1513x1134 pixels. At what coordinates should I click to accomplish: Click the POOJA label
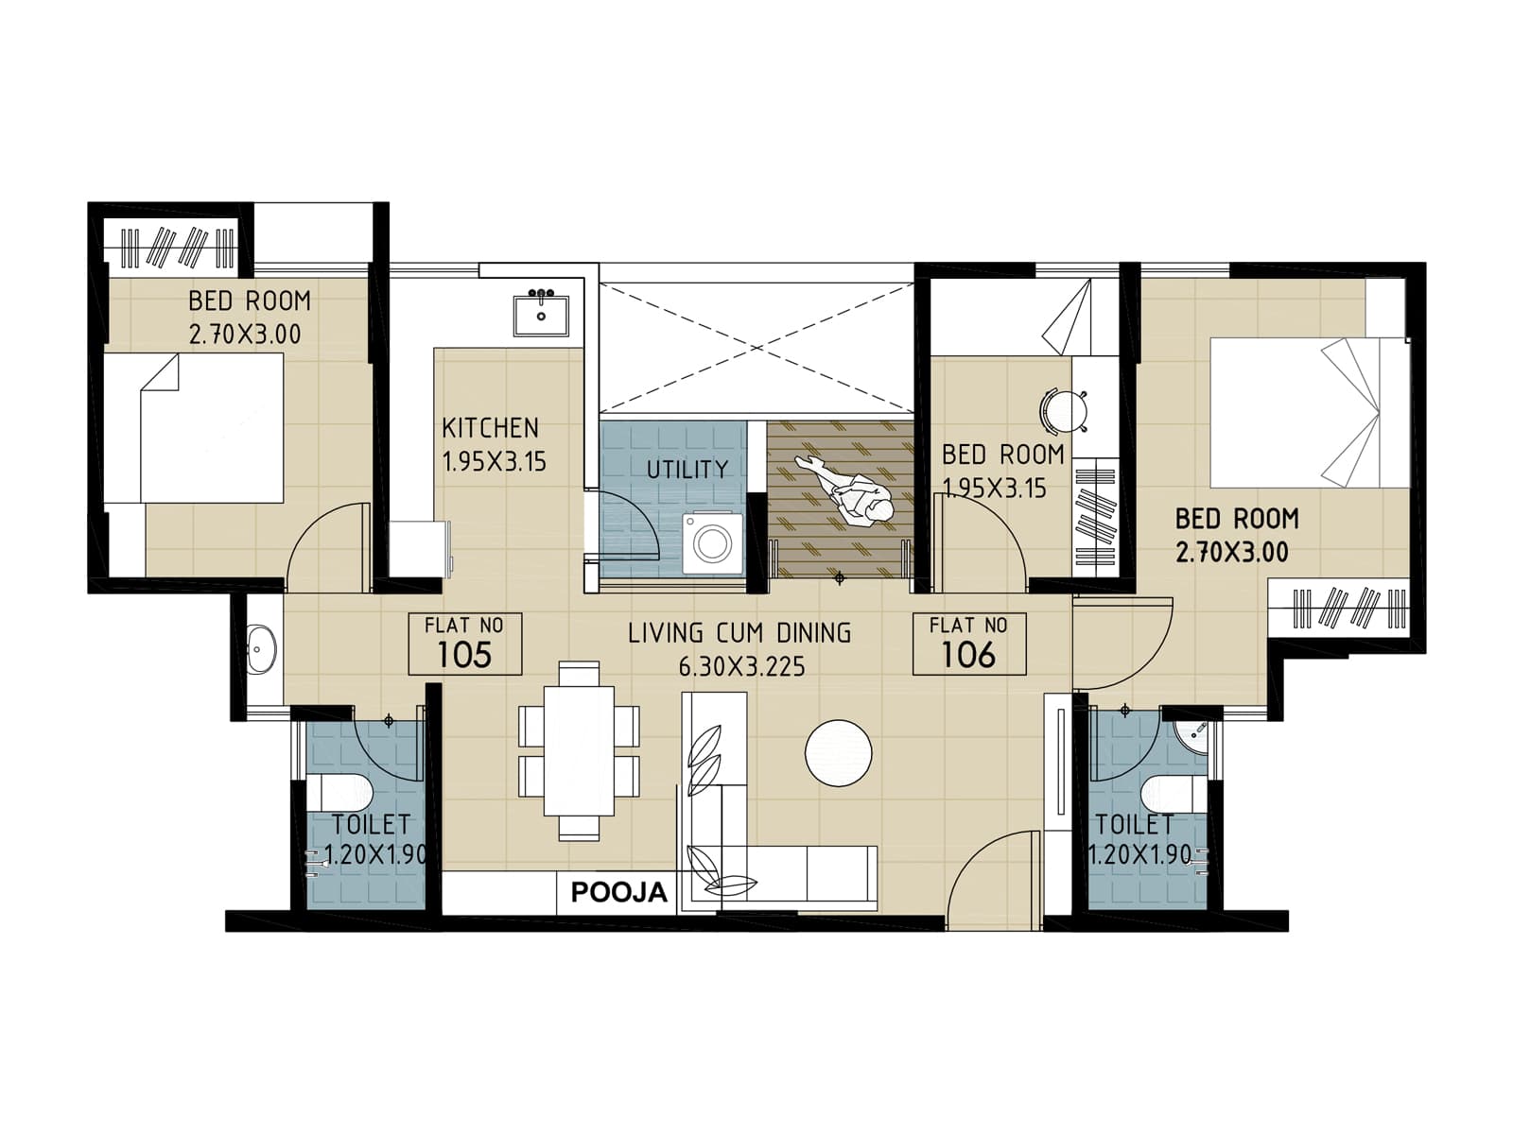(x=618, y=893)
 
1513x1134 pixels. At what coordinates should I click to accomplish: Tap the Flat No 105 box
(x=464, y=644)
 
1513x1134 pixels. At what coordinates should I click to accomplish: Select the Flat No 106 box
(x=969, y=644)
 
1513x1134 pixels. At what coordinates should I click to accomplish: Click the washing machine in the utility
(x=712, y=542)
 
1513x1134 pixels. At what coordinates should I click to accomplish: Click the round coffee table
(x=838, y=752)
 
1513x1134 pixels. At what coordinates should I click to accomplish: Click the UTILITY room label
(x=687, y=470)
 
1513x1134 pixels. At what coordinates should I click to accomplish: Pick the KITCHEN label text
(x=490, y=428)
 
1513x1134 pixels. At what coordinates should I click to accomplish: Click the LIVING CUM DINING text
(x=739, y=633)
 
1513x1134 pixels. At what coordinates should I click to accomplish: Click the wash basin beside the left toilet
(x=260, y=649)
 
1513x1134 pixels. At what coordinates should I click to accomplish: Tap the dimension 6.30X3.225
(x=741, y=667)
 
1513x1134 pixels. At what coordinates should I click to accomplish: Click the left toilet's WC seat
(x=340, y=792)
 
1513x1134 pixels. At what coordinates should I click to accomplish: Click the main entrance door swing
(x=993, y=879)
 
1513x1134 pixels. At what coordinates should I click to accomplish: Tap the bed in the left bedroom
(x=194, y=428)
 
